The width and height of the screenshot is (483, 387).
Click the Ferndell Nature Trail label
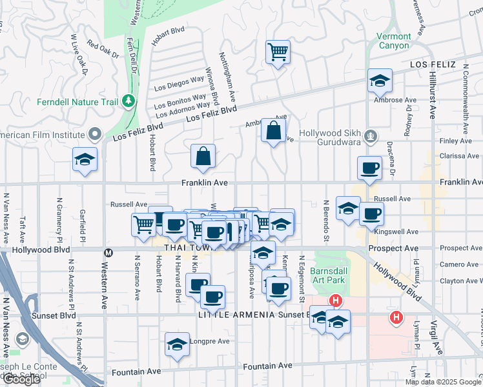tap(77, 102)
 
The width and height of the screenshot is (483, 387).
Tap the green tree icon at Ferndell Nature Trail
tap(128, 101)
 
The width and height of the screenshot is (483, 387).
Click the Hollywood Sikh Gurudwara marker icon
tap(371, 135)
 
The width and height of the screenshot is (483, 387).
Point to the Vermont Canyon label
tap(393, 41)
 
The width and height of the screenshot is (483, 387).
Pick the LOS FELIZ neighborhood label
tap(432, 64)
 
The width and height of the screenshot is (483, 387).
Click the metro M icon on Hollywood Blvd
tap(108, 252)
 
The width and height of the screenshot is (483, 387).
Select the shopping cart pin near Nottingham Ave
tap(278, 52)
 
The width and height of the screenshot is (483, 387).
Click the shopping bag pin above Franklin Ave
tap(203, 156)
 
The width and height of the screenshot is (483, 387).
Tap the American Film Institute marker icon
tap(95, 135)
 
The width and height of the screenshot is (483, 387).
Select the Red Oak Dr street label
tap(103, 50)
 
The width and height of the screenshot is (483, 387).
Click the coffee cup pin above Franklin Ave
tap(370, 168)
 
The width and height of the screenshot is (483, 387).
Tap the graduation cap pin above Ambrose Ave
tap(380, 81)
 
